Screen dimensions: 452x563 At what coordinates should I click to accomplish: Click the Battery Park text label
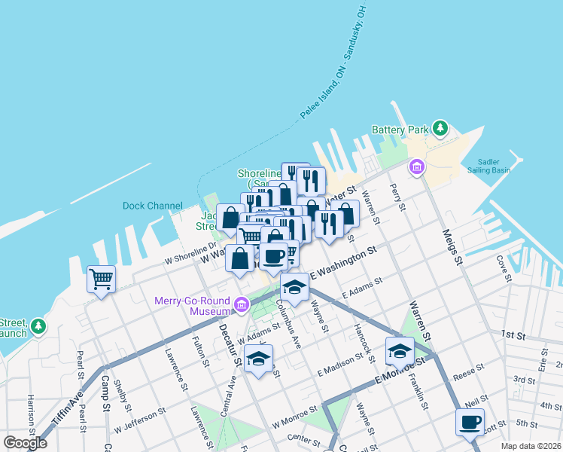pos(400,130)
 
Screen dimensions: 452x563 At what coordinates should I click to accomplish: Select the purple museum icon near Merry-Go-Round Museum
pos(241,305)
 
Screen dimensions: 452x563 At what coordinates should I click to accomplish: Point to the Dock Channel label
pos(153,206)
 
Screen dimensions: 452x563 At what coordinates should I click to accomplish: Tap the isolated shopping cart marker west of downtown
pos(101,279)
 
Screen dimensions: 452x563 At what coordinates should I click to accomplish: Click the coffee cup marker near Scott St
pos(470,423)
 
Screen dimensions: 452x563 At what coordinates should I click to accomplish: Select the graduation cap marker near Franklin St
pos(400,351)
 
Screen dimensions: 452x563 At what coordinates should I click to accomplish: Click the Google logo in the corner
pos(26,444)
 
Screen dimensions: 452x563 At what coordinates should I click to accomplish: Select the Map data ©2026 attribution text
pos(531,446)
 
